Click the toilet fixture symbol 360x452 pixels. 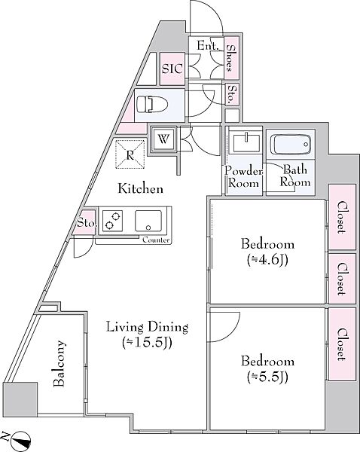(x=152, y=104)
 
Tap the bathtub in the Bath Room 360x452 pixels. (x=291, y=145)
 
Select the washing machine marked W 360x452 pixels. (x=163, y=139)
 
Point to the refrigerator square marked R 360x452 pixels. (x=130, y=154)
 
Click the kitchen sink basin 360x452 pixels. (x=148, y=221)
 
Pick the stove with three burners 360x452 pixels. (x=111, y=221)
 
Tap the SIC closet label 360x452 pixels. (x=172, y=69)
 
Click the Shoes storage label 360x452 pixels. (x=231, y=58)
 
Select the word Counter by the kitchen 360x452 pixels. (x=156, y=240)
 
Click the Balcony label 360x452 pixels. (x=59, y=364)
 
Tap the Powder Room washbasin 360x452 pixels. (x=246, y=143)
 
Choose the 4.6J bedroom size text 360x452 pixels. (x=267, y=261)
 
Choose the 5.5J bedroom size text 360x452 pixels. (x=267, y=377)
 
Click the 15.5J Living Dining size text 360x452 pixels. (x=147, y=343)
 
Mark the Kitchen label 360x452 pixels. (x=141, y=189)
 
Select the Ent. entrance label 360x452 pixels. (x=208, y=45)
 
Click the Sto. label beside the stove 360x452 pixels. (x=86, y=223)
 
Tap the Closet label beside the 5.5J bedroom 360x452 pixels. (x=342, y=344)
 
